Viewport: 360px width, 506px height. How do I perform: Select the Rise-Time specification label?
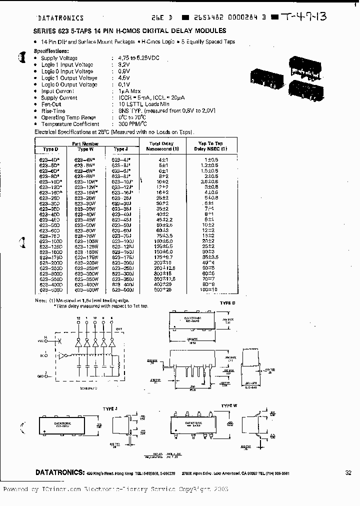point(53,111)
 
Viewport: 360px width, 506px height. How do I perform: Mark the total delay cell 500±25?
point(162,290)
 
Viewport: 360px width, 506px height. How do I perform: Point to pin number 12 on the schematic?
point(78,318)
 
